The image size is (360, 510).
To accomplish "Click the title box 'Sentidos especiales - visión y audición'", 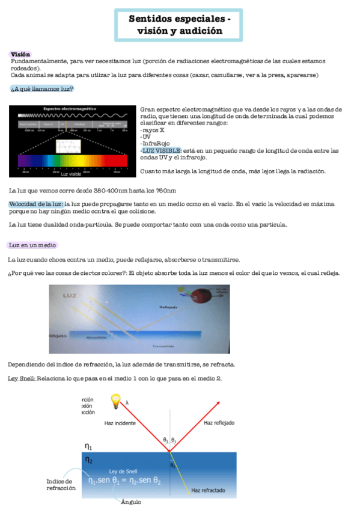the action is point(180,25).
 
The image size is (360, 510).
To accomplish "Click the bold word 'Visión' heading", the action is point(20,54).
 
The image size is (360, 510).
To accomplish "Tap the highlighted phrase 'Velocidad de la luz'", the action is point(35,204).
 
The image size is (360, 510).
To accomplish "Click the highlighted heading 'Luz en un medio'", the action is point(32,245).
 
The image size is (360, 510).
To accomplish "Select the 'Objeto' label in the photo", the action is point(58,334).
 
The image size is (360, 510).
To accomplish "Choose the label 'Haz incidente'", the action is point(120,423).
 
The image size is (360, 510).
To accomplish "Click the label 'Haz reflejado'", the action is point(219,423).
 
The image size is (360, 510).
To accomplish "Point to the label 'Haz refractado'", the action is point(208,491).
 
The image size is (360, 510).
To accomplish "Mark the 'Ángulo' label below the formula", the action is point(131,502).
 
